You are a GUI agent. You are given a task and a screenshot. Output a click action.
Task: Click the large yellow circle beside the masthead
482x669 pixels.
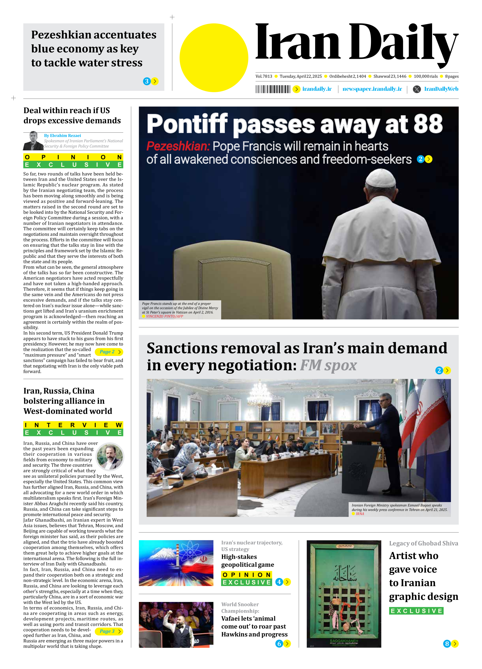pos(214,58)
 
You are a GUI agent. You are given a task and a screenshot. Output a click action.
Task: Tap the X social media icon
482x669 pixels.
pos(417,89)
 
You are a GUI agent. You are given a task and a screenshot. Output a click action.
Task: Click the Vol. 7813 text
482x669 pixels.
pos(264,76)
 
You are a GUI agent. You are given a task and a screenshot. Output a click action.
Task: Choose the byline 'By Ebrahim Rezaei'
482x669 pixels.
pos(62,136)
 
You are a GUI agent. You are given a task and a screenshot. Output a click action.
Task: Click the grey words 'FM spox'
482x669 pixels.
pos(328,365)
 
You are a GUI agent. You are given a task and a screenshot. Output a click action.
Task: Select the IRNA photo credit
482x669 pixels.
pos(360,514)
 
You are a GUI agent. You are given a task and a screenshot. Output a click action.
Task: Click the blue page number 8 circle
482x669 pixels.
pos(447,643)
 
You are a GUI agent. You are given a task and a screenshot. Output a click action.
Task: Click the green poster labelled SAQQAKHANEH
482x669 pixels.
pos(344,594)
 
